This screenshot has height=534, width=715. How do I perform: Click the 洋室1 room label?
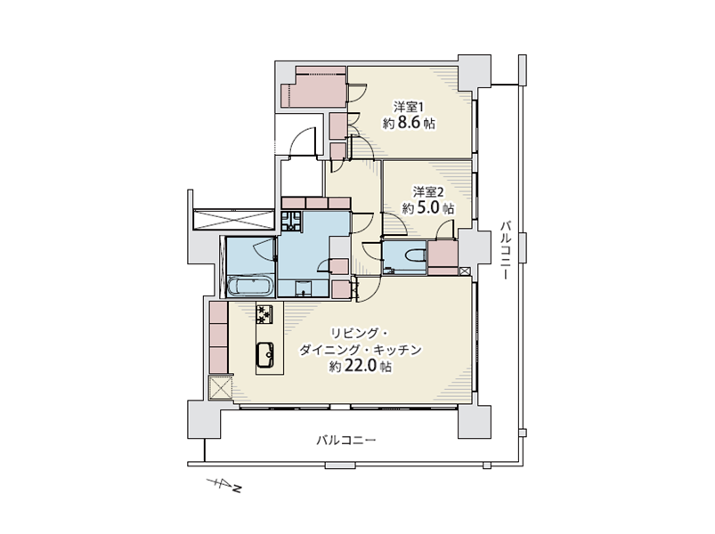409,107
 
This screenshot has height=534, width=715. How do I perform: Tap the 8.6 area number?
409,123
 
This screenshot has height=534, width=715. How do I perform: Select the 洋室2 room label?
428,192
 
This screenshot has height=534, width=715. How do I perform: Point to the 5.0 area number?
427,207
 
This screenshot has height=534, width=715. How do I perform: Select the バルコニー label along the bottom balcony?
346,441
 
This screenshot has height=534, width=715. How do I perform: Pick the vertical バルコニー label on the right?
505,250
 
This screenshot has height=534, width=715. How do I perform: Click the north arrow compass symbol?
223,485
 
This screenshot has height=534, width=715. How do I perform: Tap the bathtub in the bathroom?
250,287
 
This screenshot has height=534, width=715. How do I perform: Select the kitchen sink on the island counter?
265,354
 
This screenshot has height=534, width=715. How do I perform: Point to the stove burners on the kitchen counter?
264,314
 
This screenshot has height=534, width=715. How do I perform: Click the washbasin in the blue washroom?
303,289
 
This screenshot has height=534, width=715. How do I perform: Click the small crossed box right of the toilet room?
464,271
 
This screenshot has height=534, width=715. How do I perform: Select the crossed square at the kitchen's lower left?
221,388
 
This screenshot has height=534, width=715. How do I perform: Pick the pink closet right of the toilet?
443,258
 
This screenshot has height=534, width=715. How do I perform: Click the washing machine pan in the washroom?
291,221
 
